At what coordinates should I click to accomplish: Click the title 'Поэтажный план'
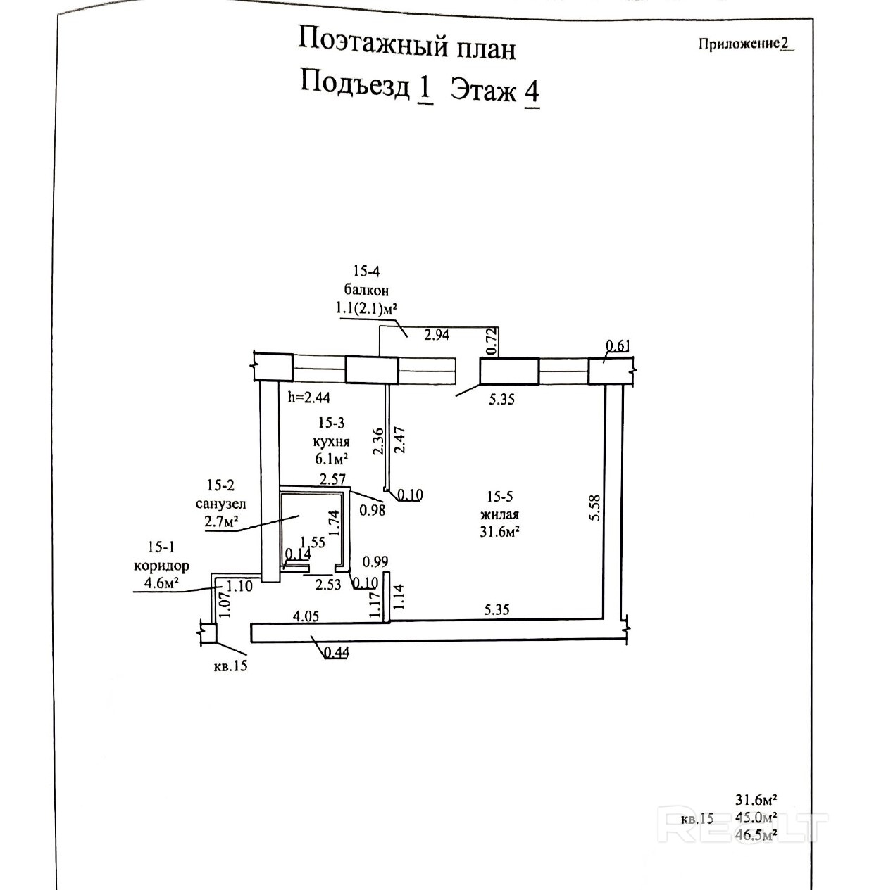point(406,44)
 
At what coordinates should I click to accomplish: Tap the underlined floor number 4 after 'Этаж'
point(532,91)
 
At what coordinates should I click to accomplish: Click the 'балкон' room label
point(366,289)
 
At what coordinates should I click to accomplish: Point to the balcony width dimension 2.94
point(436,335)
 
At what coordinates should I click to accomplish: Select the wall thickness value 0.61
point(618,345)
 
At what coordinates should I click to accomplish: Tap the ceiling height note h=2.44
point(309,398)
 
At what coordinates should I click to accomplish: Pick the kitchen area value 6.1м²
point(332,458)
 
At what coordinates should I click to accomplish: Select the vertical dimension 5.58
point(595,507)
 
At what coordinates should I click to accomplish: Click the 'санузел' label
point(221,504)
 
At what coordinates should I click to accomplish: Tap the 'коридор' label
point(161,566)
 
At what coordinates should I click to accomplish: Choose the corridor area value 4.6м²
point(161,583)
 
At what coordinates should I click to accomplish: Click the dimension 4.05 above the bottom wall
point(306,616)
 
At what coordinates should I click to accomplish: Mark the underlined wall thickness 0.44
point(337,652)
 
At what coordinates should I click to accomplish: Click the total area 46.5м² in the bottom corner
point(756,835)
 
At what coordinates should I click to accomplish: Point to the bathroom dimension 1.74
point(335,523)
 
